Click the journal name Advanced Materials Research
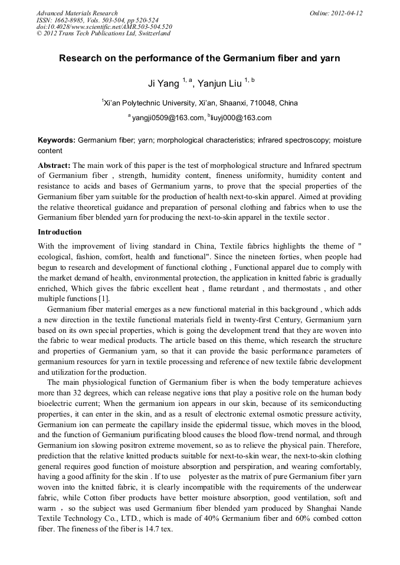[x=77, y=13]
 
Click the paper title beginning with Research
[x=199, y=59]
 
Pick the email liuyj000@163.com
[x=241, y=118]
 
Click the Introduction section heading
[x=60, y=232]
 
